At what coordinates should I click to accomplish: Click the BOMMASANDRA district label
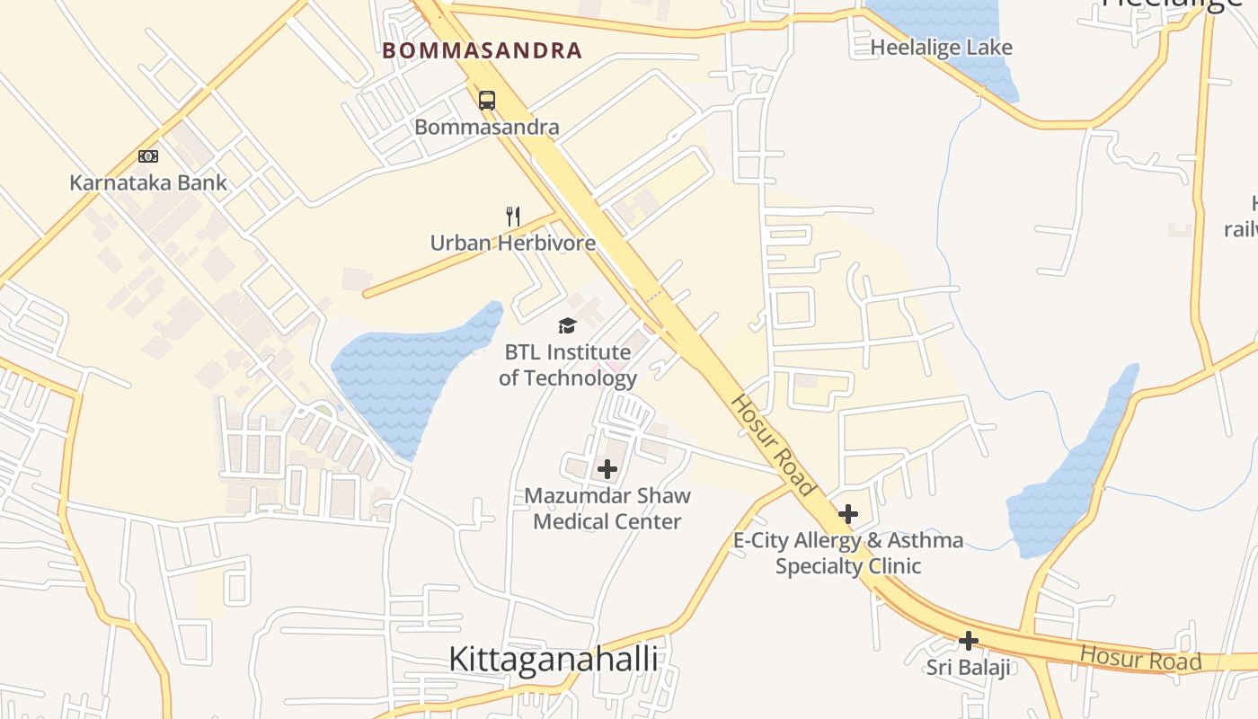tap(483, 50)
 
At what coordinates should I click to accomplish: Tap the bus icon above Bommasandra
tap(487, 100)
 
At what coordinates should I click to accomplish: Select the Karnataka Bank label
tap(148, 183)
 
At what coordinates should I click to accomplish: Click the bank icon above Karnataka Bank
tap(148, 156)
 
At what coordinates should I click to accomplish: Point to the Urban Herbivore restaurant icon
tap(513, 216)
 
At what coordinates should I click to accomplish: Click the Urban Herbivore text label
tap(512, 243)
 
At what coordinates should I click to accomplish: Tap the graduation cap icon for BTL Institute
tap(567, 325)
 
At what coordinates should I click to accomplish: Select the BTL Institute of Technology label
tap(567, 364)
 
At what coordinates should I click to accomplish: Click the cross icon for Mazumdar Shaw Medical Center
tap(607, 468)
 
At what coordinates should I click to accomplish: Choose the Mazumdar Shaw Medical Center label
tap(607, 509)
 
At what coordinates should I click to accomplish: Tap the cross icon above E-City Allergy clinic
tap(847, 514)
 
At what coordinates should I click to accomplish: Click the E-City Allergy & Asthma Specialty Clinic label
tap(848, 553)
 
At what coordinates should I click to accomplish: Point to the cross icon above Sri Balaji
tap(968, 641)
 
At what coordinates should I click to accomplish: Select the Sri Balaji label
tap(969, 668)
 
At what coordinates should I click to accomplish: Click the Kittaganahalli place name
tap(553, 659)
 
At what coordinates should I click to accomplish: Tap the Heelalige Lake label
tap(942, 48)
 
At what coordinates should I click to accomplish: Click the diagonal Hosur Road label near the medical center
tap(772, 445)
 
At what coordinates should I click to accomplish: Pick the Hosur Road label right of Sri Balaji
tap(1140, 659)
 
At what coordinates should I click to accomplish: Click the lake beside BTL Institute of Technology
tap(409, 373)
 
